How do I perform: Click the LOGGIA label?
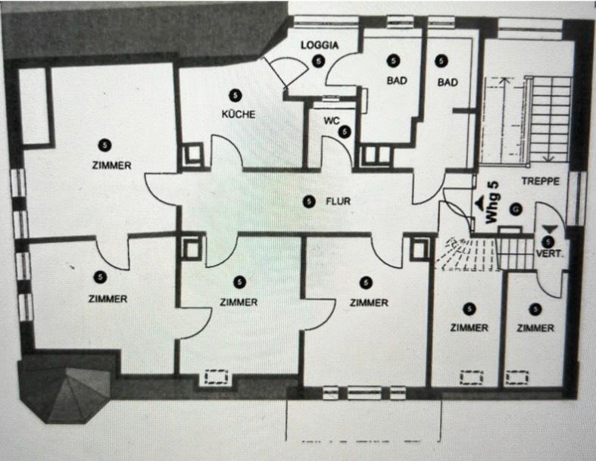319,45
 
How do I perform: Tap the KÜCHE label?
238,115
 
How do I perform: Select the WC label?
332,120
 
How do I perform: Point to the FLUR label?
339,201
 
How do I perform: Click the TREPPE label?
540,182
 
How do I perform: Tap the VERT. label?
550,254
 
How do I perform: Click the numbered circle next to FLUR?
307,201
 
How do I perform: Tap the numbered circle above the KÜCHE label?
234,95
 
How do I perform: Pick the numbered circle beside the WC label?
345,132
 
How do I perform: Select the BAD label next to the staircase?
448,83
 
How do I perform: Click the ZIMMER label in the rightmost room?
536,328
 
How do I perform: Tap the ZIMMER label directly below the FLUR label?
369,303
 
